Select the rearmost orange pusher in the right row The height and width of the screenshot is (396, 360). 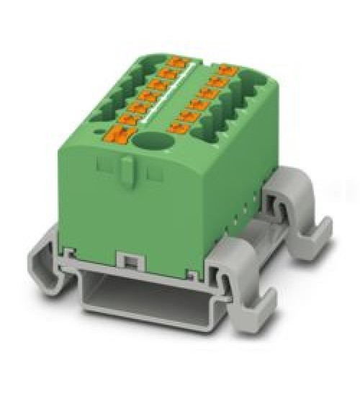(228, 70)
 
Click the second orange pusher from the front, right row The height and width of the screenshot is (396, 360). (189, 117)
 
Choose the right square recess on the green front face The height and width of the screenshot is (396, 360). (153, 174)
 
